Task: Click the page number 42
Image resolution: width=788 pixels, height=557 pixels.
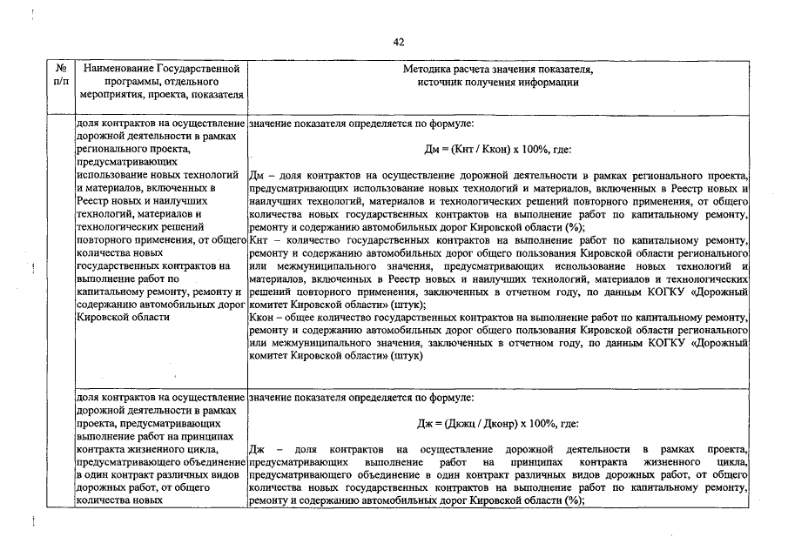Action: pyautogui.click(x=399, y=42)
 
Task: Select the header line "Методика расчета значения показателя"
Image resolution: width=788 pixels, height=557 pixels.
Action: pyautogui.click(x=498, y=68)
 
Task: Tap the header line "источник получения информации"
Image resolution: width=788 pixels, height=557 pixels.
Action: pyautogui.click(x=498, y=82)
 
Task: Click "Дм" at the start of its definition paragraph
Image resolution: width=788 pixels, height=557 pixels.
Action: pyautogui.click(x=256, y=175)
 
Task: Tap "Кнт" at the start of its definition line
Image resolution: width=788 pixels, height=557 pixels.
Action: pyautogui.click(x=259, y=239)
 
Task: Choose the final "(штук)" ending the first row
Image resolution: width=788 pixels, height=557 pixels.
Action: pyautogui.click(x=407, y=357)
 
